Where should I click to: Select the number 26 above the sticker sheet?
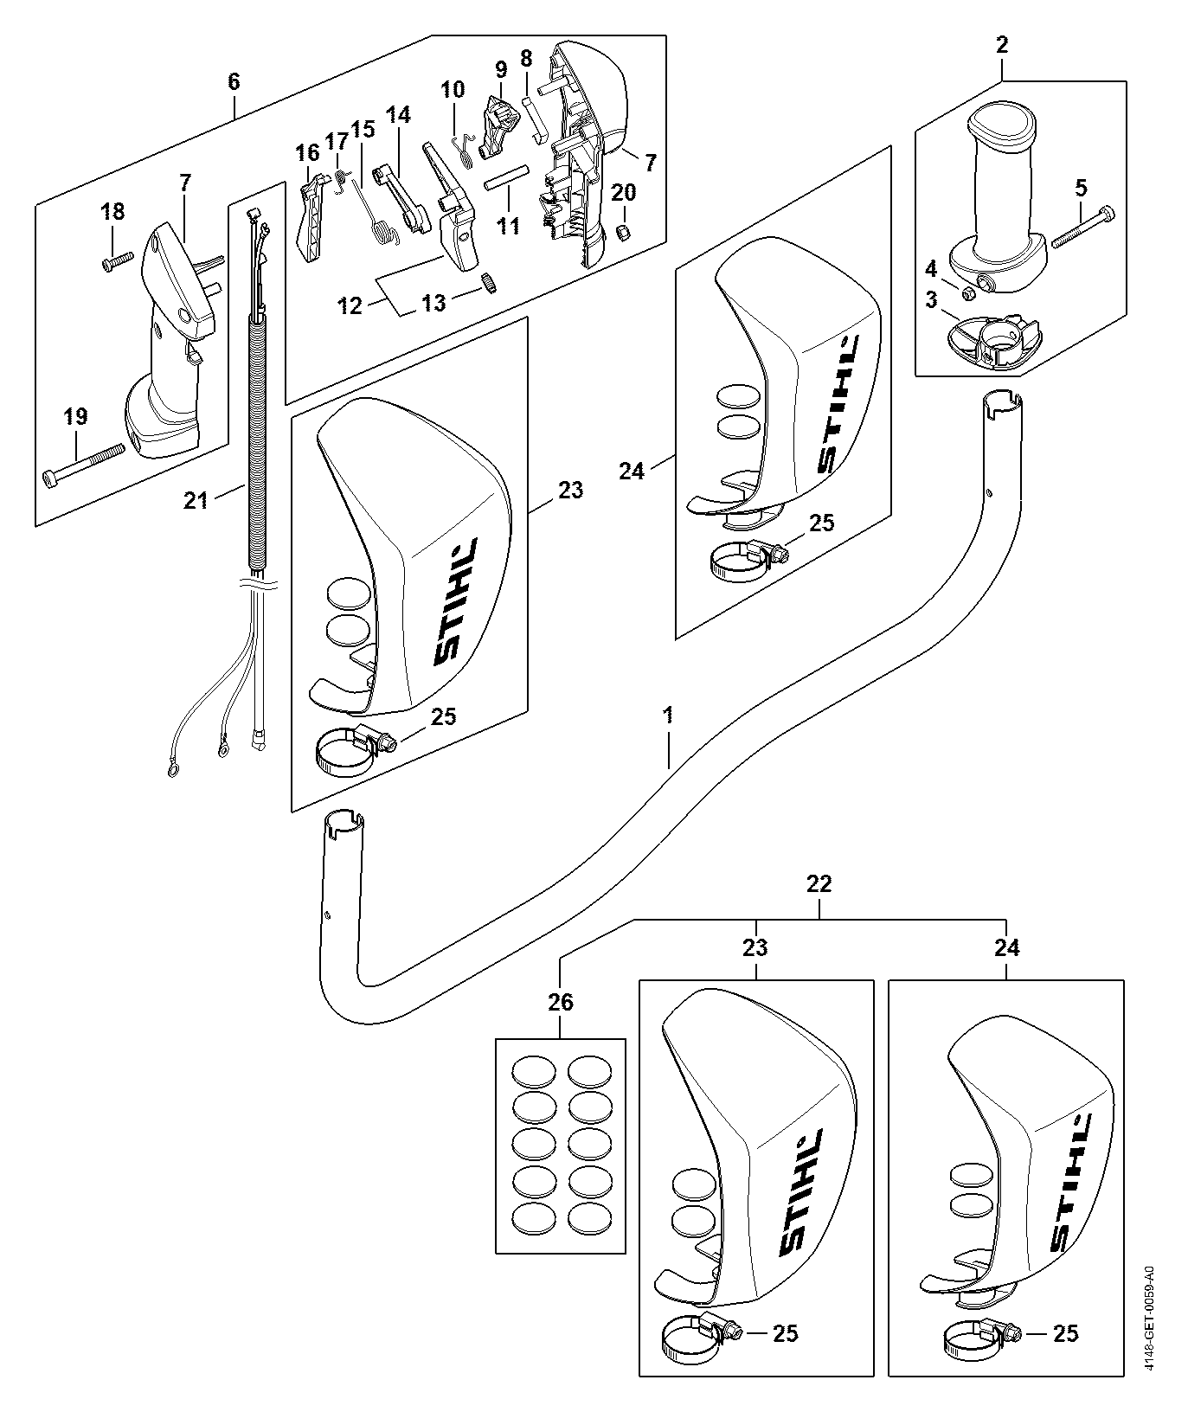tap(561, 1002)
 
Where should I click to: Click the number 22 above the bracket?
tap(819, 883)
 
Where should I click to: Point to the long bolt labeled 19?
tap(84, 462)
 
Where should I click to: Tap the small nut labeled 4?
tap(970, 293)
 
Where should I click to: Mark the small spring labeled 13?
tap(491, 283)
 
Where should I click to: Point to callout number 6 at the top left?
tap(234, 81)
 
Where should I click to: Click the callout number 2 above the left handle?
tap(1002, 45)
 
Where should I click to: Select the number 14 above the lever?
tap(398, 114)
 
